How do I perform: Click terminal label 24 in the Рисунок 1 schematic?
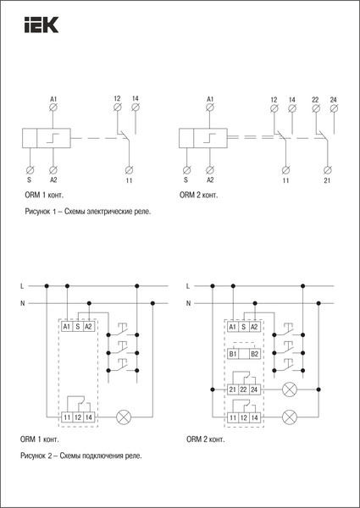point(332,100)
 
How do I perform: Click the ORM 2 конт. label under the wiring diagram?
point(206,439)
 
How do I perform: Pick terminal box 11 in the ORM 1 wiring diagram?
point(67,418)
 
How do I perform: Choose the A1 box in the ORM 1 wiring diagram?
point(67,326)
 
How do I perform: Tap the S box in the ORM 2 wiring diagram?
point(243,326)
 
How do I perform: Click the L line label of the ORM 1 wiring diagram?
point(22,286)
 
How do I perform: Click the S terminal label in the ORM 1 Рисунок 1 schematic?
point(30,180)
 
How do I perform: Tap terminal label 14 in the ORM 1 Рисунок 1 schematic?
point(136,100)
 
